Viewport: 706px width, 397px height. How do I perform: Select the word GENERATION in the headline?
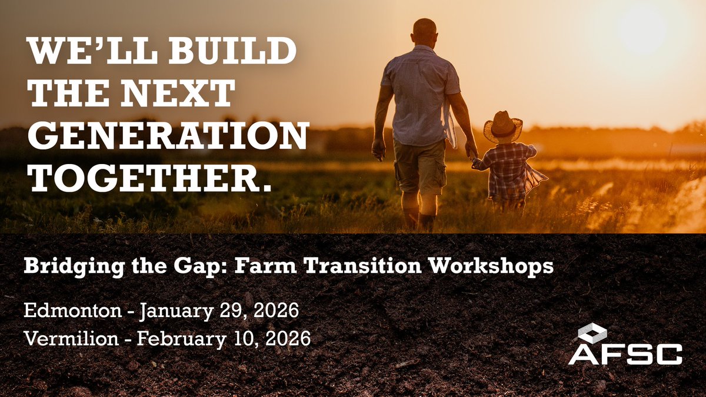168,136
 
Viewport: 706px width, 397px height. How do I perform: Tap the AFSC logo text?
625,353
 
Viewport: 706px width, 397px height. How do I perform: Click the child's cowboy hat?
503,125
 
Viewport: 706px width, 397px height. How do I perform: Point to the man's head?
424,31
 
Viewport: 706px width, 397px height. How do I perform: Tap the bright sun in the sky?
642,26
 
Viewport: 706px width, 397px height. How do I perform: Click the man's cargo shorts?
419,166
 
